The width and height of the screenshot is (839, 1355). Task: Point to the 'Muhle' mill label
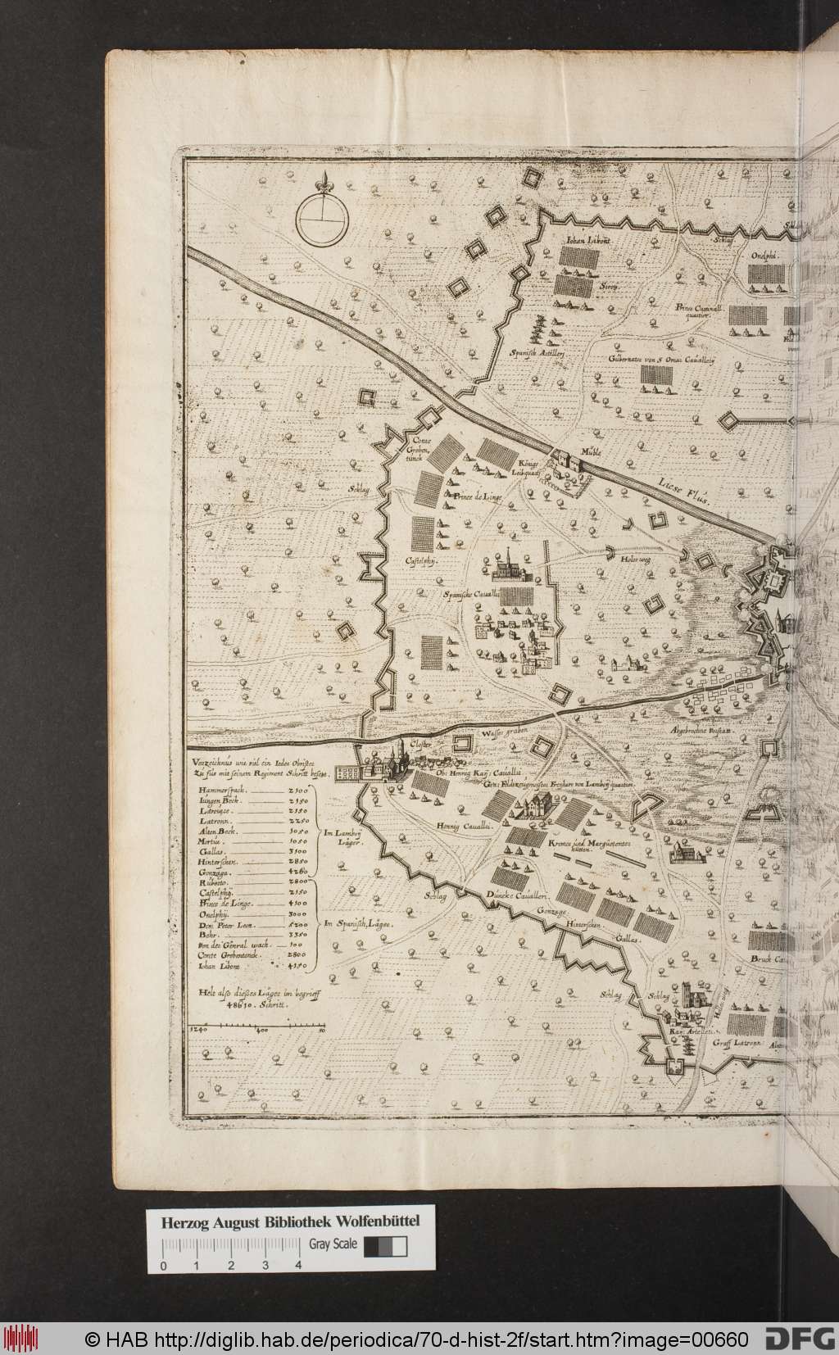[590, 451]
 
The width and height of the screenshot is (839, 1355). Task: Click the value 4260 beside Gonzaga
[298, 875]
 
